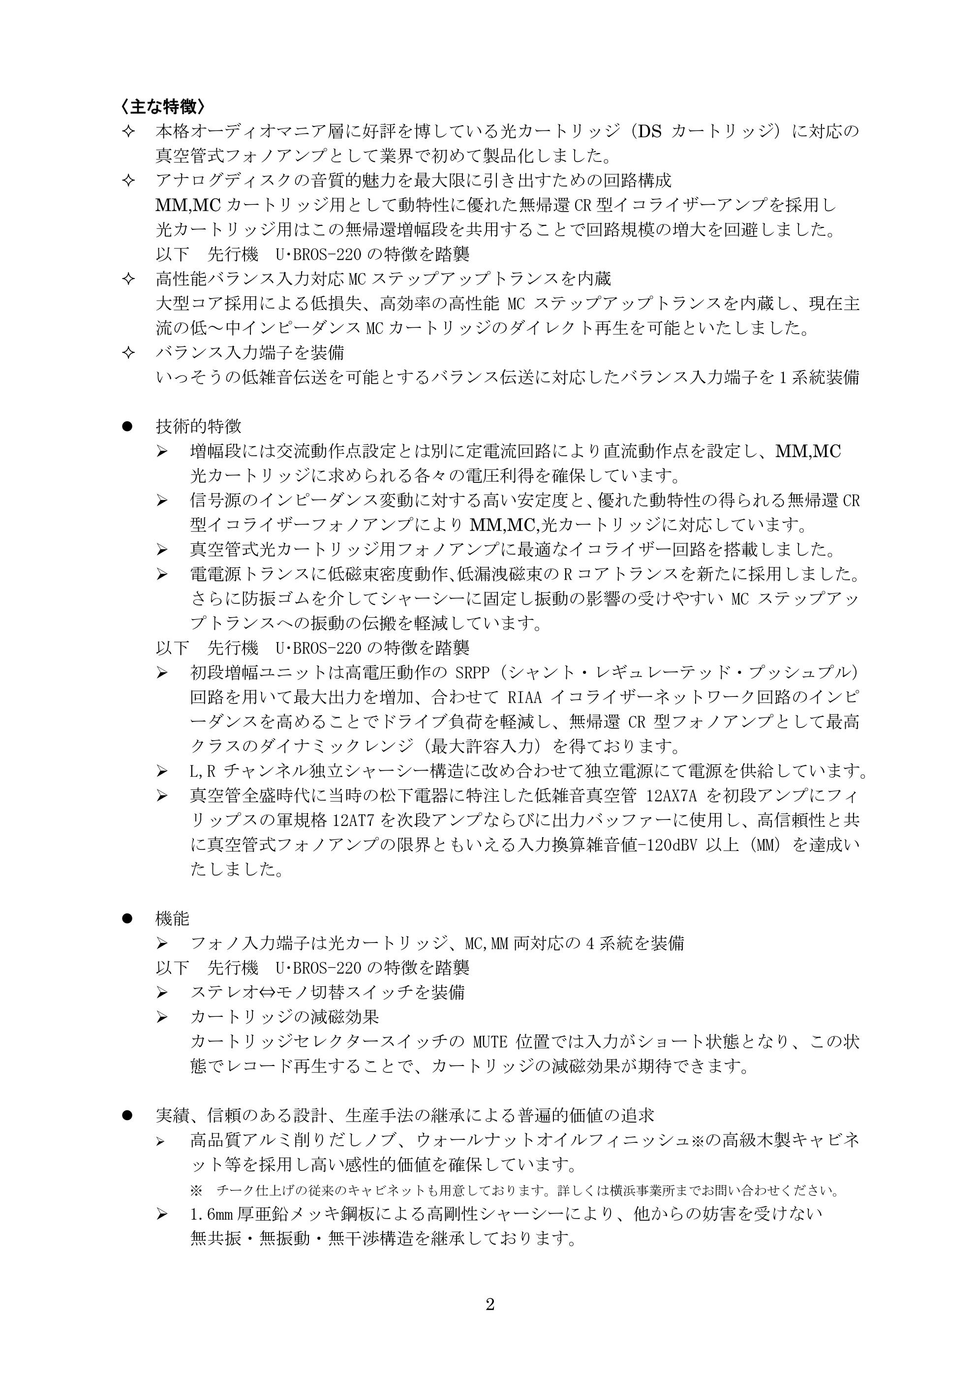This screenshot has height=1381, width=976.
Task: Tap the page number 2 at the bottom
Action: (x=489, y=1304)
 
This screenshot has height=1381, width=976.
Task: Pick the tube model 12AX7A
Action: (x=671, y=796)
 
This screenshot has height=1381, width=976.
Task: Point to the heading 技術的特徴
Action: (x=198, y=426)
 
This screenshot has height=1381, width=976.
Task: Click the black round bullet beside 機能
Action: (x=127, y=918)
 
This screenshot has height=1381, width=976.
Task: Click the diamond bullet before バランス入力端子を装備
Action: (x=127, y=352)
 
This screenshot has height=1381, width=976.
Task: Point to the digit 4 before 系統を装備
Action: (x=590, y=943)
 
